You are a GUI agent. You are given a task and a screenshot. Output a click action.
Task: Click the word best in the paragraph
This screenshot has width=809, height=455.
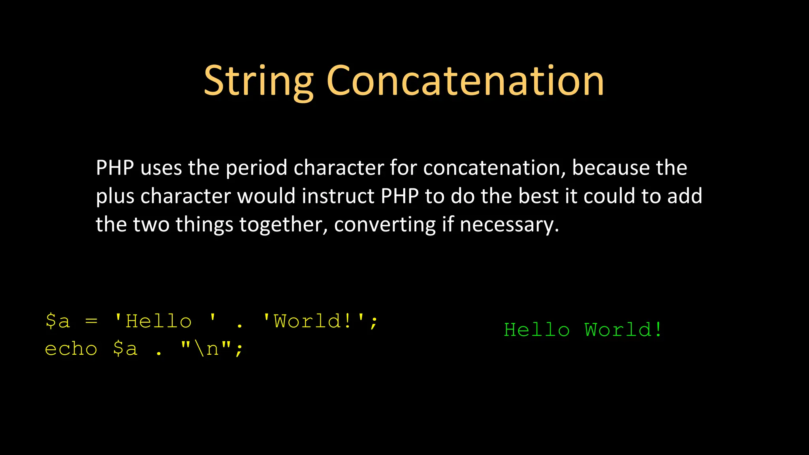[x=538, y=196]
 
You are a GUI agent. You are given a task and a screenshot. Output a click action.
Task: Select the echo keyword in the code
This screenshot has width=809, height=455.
[x=71, y=349]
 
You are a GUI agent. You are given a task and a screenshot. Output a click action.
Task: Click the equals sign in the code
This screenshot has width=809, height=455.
[x=91, y=321]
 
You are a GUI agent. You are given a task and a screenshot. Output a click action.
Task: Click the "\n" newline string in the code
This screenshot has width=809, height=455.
[x=206, y=349]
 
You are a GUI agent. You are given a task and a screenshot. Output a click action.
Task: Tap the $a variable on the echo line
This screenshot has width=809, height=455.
[x=125, y=349]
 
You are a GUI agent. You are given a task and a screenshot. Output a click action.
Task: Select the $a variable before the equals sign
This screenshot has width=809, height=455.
[x=58, y=321]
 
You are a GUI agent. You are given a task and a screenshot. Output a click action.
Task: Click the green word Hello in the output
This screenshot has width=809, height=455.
[x=537, y=330]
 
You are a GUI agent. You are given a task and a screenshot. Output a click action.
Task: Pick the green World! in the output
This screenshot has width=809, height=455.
[x=623, y=330]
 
